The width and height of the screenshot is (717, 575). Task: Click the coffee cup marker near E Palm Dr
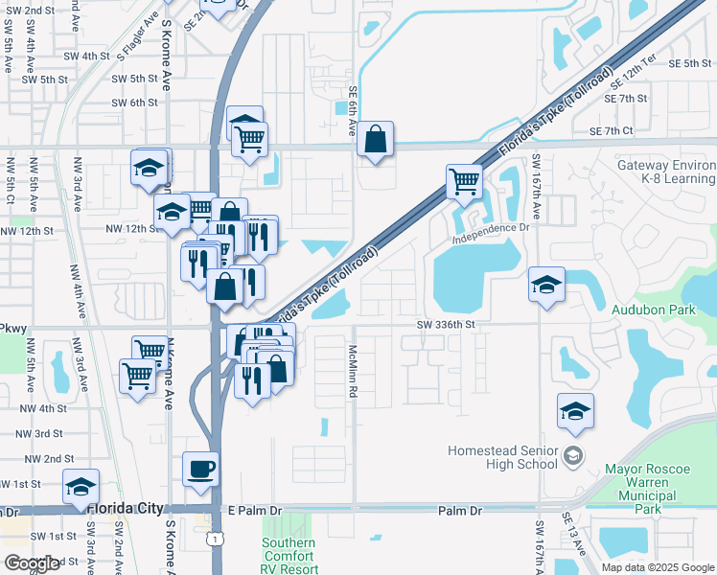point(200,469)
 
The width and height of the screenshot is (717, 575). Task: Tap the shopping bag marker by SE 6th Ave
point(375,139)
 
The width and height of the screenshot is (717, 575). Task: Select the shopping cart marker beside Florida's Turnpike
point(464,179)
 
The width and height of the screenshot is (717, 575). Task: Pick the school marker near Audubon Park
point(546,284)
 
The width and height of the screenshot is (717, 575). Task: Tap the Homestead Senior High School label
point(503,457)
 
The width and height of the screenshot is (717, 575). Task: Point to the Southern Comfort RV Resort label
point(288,556)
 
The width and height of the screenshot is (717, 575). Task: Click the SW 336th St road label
point(446,325)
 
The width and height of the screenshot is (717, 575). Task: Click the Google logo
point(32,563)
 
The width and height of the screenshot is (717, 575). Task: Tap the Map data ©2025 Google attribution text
point(657,567)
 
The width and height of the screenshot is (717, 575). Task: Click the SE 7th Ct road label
point(612,130)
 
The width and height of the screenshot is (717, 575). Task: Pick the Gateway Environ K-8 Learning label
point(666,172)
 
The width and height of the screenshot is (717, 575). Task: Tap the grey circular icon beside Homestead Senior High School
point(573,453)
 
